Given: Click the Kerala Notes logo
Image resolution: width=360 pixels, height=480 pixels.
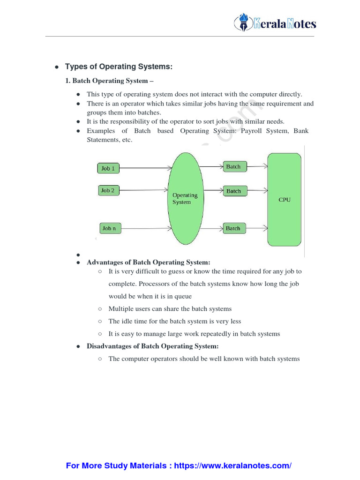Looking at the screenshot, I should click(x=275, y=23).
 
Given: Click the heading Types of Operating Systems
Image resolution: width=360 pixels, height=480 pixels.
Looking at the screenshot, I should click(x=119, y=67).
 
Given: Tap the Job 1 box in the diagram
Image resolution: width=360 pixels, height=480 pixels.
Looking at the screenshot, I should click(x=108, y=168).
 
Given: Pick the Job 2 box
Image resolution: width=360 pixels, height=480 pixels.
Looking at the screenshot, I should click(x=108, y=190).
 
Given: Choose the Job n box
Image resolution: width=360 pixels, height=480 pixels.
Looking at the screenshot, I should click(x=109, y=228).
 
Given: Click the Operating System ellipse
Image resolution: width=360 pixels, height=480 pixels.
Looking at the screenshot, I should click(x=185, y=198).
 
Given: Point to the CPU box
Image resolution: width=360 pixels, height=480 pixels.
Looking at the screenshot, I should click(x=284, y=200).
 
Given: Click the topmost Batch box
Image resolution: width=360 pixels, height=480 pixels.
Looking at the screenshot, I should click(x=233, y=167).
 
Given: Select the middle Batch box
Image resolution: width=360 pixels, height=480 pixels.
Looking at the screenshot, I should click(x=233, y=191).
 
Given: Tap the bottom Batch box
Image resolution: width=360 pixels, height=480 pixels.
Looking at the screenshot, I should click(x=233, y=228).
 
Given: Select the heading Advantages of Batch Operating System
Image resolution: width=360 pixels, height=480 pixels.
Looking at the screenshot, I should click(x=149, y=262).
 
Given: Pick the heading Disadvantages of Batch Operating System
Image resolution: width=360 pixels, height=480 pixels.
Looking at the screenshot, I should click(x=153, y=346).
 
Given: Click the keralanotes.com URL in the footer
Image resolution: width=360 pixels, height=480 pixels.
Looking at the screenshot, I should click(x=233, y=466).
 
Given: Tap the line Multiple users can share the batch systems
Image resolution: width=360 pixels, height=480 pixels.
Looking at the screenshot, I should click(x=170, y=309).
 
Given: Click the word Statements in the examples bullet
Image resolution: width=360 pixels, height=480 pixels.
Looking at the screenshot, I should click(x=101, y=140).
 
